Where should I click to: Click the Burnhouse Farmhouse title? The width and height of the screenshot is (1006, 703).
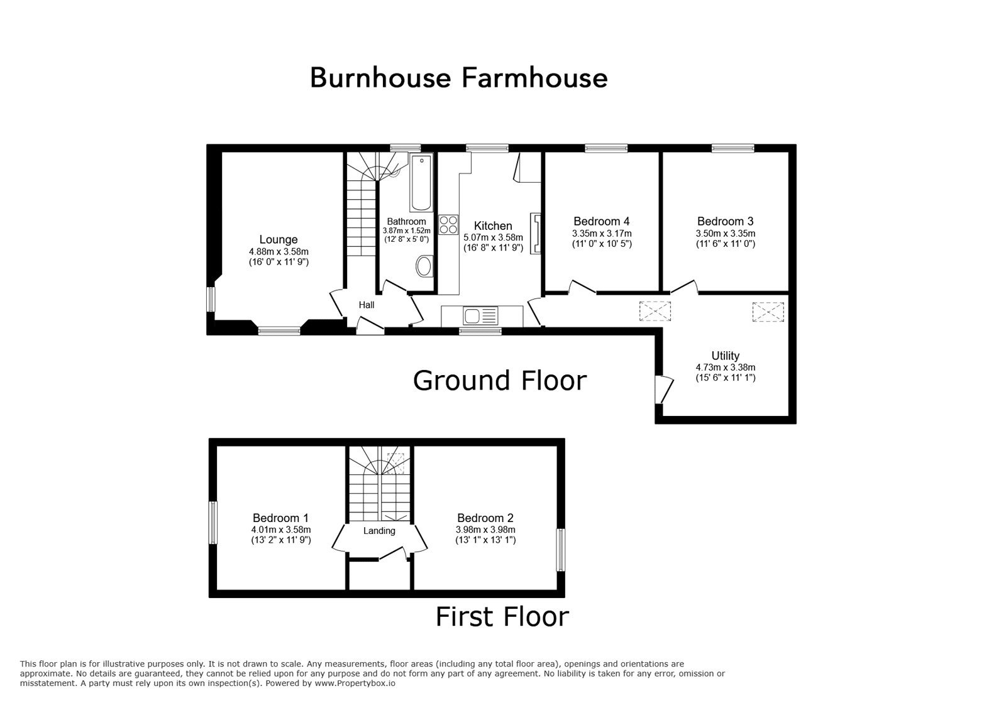tap(458, 78)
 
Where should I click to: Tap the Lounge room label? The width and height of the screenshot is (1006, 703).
tap(279, 239)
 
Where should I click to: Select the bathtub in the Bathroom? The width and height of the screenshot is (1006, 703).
tap(421, 183)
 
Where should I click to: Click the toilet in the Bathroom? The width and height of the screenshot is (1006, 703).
tap(424, 266)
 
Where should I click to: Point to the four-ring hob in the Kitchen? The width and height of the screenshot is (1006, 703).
tap(448, 225)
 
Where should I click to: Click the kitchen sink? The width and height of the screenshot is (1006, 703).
tap(480, 316)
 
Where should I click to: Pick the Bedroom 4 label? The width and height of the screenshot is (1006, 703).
tap(601, 221)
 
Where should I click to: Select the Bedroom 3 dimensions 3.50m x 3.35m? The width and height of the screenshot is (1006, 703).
tap(726, 233)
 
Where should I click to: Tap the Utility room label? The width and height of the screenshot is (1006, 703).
tap(726, 356)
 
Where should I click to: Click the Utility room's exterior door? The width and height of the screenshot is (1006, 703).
tap(664, 389)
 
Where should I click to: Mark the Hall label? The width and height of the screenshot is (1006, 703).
tap(367, 305)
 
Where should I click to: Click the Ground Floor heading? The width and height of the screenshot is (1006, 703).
tap(499, 381)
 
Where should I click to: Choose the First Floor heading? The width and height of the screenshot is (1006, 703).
tap(502, 616)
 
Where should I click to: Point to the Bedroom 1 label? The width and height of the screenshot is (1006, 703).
tap(280, 518)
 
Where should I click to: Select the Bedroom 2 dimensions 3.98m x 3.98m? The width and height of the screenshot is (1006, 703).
tap(485, 530)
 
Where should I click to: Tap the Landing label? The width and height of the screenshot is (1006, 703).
tap(379, 531)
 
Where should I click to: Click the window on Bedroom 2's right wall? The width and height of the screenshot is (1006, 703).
tap(560, 550)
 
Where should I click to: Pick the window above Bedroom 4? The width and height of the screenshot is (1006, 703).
tap(606, 148)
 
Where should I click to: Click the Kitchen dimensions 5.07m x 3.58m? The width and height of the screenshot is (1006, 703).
tap(493, 237)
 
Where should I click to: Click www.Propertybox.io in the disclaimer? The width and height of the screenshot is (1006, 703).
tap(355, 684)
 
